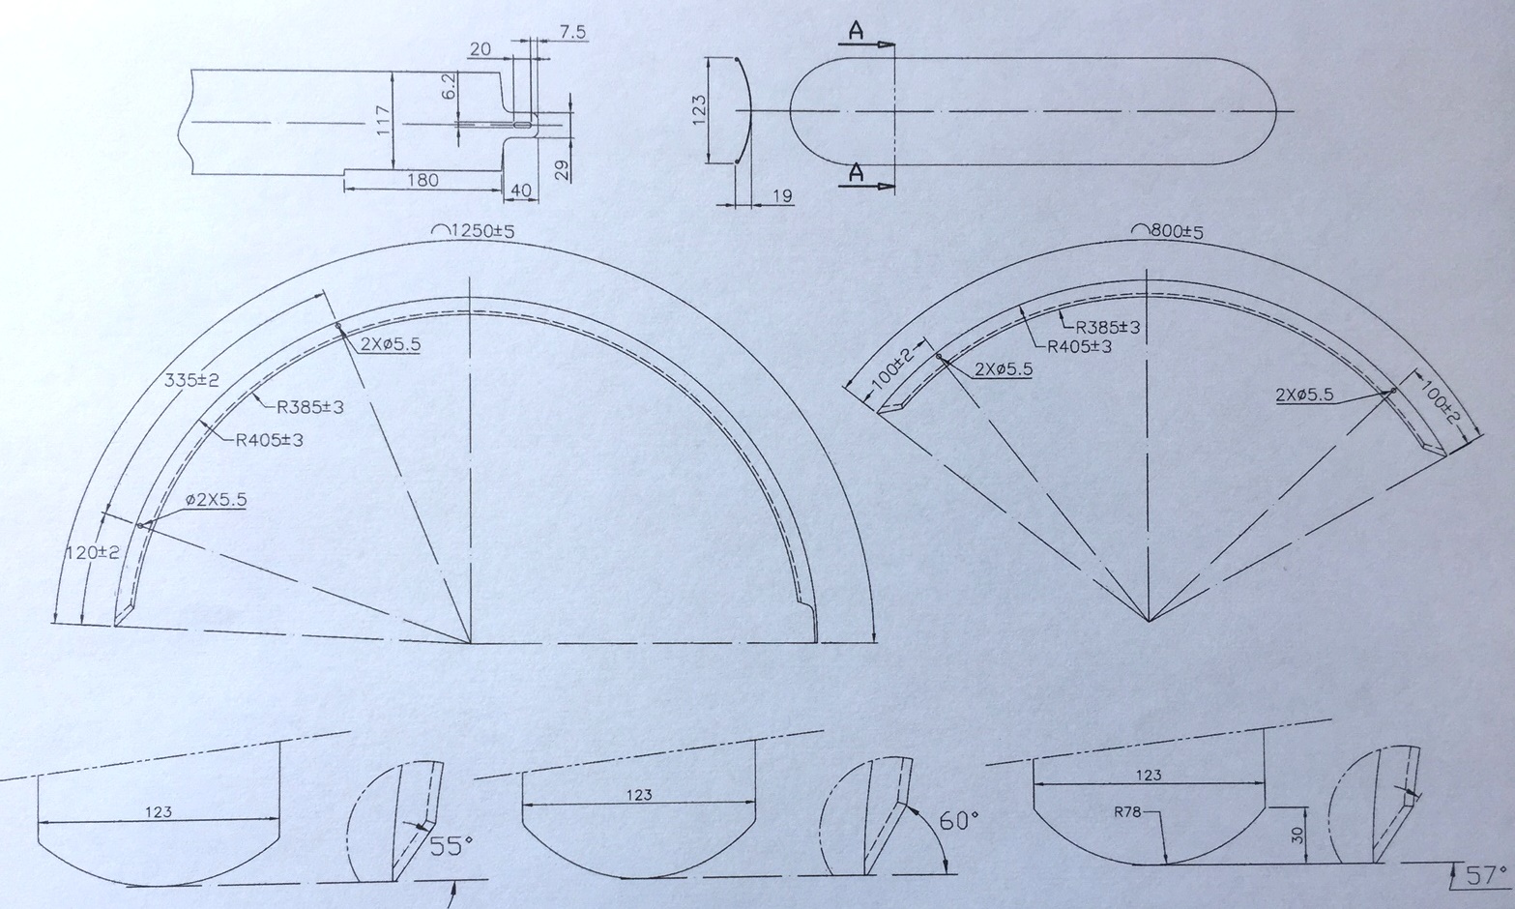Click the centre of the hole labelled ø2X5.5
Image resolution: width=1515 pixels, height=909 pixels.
coord(140,525)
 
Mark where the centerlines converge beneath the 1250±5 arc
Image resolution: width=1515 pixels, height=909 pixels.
coord(471,642)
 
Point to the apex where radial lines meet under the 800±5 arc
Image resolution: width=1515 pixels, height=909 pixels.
coord(1149,620)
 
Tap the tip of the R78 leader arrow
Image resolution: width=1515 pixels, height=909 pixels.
coord(1166,864)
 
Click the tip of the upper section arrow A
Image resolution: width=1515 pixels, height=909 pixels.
coord(894,44)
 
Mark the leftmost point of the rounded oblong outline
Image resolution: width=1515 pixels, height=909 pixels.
coord(790,110)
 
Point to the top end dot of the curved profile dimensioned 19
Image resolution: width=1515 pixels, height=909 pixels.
coord(736,60)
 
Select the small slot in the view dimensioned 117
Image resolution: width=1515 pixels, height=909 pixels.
coord(523,125)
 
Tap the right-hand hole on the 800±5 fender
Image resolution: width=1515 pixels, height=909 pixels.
coord(1393,391)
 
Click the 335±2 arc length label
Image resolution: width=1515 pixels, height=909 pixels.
coord(192,381)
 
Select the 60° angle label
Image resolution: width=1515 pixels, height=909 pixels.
coord(959,821)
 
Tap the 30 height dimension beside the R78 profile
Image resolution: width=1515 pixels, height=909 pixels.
coord(1296,836)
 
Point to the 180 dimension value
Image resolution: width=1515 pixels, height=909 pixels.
coord(422,180)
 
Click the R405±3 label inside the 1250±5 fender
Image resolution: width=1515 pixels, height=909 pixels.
coord(269,440)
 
